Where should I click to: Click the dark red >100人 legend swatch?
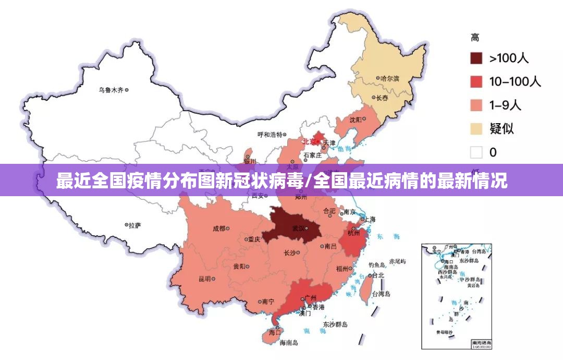click(x=476, y=58)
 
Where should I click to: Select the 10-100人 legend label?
click(x=515, y=81)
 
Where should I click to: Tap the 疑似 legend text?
click(x=501, y=128)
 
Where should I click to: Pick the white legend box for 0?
click(x=476, y=152)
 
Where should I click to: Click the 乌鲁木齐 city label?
click(x=111, y=90)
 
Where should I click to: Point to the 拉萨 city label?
click(x=134, y=225)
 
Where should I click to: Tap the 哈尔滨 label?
click(x=389, y=78)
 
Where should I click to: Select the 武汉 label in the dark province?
click(x=299, y=228)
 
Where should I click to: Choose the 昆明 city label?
click(x=204, y=279)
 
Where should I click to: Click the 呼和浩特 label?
click(x=270, y=134)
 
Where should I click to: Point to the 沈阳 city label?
click(x=356, y=119)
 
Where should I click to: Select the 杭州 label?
click(x=353, y=233)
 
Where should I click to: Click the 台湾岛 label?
click(x=381, y=294)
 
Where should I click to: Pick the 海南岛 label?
click(x=288, y=343)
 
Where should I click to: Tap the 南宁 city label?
click(x=268, y=302)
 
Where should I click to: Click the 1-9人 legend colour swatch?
click(x=476, y=105)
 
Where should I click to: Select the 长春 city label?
click(x=382, y=98)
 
